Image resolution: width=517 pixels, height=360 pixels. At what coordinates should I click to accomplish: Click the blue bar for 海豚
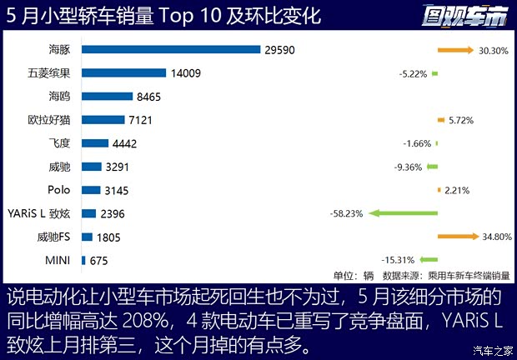(x=172, y=50)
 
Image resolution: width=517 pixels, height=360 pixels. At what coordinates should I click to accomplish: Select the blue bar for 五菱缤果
(x=123, y=73)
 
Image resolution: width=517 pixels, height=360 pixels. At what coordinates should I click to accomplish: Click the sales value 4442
(x=123, y=143)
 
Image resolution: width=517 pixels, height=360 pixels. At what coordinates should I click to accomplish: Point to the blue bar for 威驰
(x=92, y=167)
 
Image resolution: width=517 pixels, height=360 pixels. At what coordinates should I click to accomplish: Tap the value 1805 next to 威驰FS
(x=108, y=237)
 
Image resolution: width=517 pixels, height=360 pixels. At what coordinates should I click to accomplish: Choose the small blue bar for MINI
(x=83, y=261)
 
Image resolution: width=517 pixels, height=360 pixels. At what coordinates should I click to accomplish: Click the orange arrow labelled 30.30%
(x=454, y=50)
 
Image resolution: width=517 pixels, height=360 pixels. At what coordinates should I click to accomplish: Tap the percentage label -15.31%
(x=399, y=261)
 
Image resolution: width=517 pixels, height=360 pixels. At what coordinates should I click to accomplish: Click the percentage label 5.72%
(x=460, y=120)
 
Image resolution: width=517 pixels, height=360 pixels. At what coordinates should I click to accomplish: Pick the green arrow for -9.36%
(x=432, y=167)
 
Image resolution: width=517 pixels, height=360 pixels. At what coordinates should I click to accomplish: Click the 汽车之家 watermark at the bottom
(x=490, y=349)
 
